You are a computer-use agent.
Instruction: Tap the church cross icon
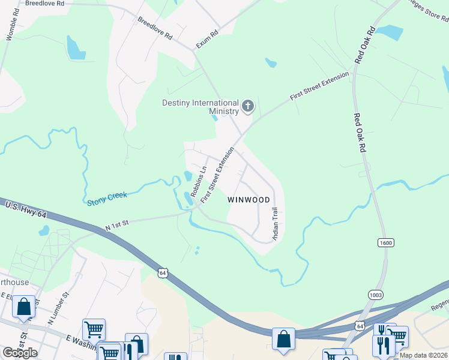point(247,107)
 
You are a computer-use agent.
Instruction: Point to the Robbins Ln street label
point(198,182)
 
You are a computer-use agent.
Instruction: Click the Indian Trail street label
point(275,224)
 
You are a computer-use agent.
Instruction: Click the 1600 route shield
point(385,242)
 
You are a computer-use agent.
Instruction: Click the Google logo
point(19,353)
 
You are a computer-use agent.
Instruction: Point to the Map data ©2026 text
point(423,355)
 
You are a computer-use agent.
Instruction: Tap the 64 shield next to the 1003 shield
point(359,325)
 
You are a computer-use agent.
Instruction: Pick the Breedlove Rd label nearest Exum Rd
point(155,28)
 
